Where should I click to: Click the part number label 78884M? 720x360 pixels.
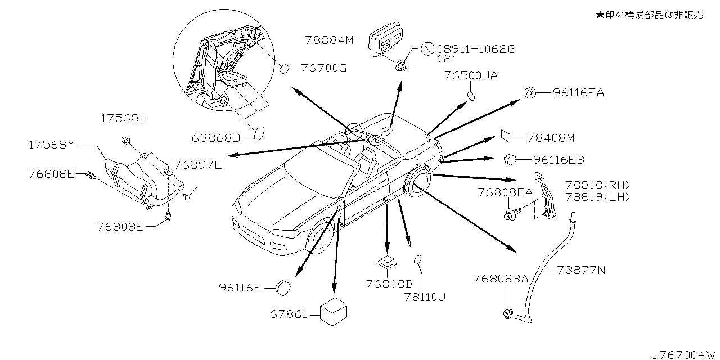329,40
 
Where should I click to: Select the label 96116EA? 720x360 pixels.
578,93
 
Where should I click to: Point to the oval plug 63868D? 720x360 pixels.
260,134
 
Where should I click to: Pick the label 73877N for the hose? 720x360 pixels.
581,271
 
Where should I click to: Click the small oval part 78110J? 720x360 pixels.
418,259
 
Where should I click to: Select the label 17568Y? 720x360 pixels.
51,145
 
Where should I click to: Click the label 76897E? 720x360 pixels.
197,165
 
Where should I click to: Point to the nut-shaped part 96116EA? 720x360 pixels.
530,93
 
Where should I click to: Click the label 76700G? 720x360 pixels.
323,69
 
